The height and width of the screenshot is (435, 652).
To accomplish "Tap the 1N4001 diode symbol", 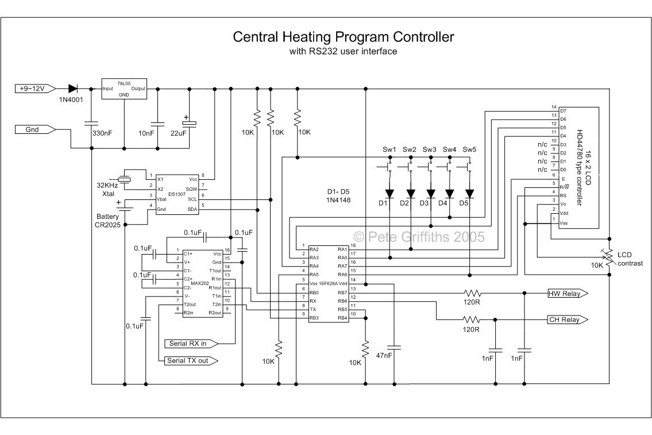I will pos(73,88).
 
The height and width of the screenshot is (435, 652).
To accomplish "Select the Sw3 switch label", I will pos(430,149).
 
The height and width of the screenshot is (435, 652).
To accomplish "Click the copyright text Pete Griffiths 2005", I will pos(419,236).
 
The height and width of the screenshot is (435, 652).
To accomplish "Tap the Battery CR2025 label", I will pos(107,221).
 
